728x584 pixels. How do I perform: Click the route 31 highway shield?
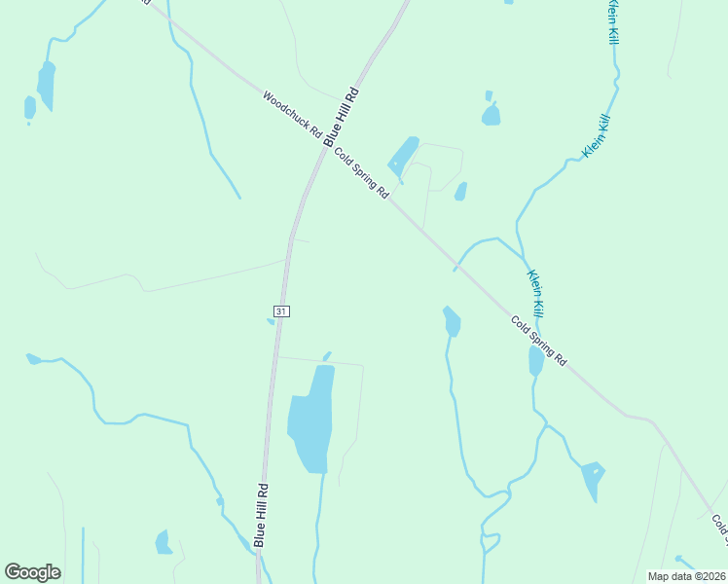[x=280, y=310]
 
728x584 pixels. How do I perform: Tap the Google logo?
[x=33, y=572]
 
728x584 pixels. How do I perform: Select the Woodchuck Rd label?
[x=293, y=115]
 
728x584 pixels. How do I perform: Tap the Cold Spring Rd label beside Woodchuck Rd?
[x=361, y=173]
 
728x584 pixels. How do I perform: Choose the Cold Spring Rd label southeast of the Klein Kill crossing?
[x=538, y=341]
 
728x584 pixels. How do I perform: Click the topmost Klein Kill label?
[x=612, y=21]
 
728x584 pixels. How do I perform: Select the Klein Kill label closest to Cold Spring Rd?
[x=535, y=292]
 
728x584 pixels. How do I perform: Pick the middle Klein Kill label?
[x=596, y=136]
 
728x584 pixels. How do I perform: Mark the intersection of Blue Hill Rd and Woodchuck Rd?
[x=331, y=144]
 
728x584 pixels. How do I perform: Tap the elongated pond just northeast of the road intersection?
[x=403, y=154]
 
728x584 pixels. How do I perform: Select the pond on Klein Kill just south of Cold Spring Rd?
[x=536, y=360]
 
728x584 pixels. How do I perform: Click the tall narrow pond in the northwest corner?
[x=45, y=86]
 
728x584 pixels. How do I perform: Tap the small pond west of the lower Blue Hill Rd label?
[x=164, y=543]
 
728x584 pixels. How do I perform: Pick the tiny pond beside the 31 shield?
[x=270, y=321]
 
